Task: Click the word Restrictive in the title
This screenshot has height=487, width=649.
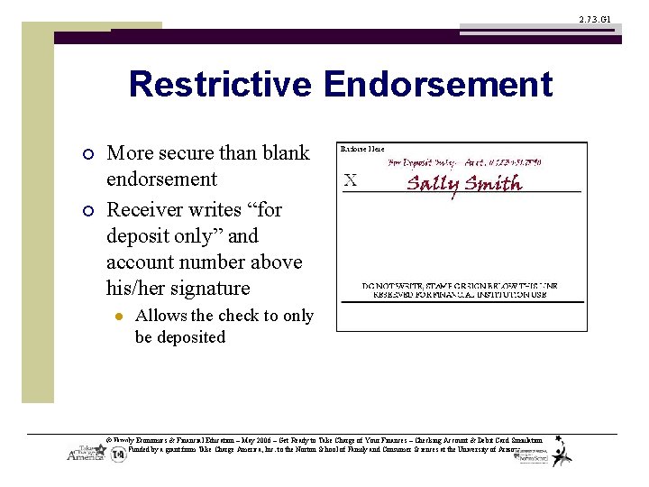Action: (220, 85)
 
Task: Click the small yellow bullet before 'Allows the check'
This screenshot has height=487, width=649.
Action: (117, 317)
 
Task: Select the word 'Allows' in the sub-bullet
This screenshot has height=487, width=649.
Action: (160, 316)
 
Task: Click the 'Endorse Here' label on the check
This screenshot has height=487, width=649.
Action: (361, 149)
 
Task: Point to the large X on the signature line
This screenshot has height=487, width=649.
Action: (351, 179)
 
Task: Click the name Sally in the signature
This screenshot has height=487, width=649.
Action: (434, 184)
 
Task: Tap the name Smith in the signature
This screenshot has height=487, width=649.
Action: (494, 183)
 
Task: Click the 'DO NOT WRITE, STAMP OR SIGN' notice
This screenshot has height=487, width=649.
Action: (460, 287)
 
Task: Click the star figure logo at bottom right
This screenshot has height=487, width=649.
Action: (562, 451)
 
